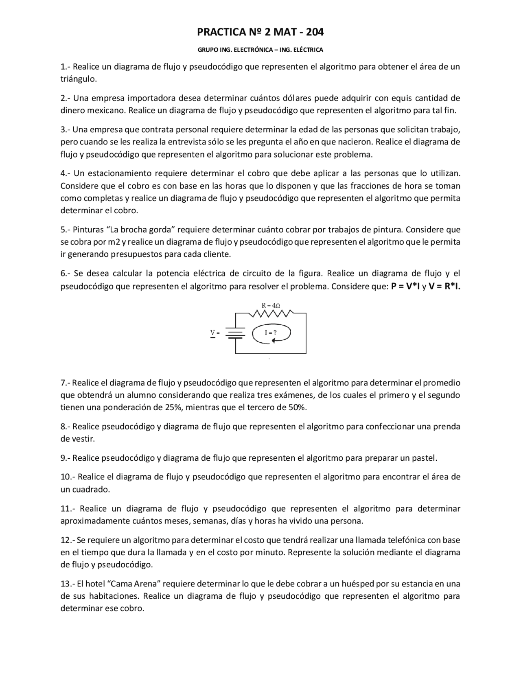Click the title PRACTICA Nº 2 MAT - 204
point(260,32)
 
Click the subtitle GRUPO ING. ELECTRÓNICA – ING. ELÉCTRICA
point(260,50)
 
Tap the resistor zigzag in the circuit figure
point(271,313)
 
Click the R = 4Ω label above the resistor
point(271,305)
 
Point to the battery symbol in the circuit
point(235,333)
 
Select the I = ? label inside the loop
point(271,333)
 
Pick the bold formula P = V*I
point(405,286)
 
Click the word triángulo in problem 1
point(78,79)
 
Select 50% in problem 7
point(297,407)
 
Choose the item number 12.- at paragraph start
point(68,540)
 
